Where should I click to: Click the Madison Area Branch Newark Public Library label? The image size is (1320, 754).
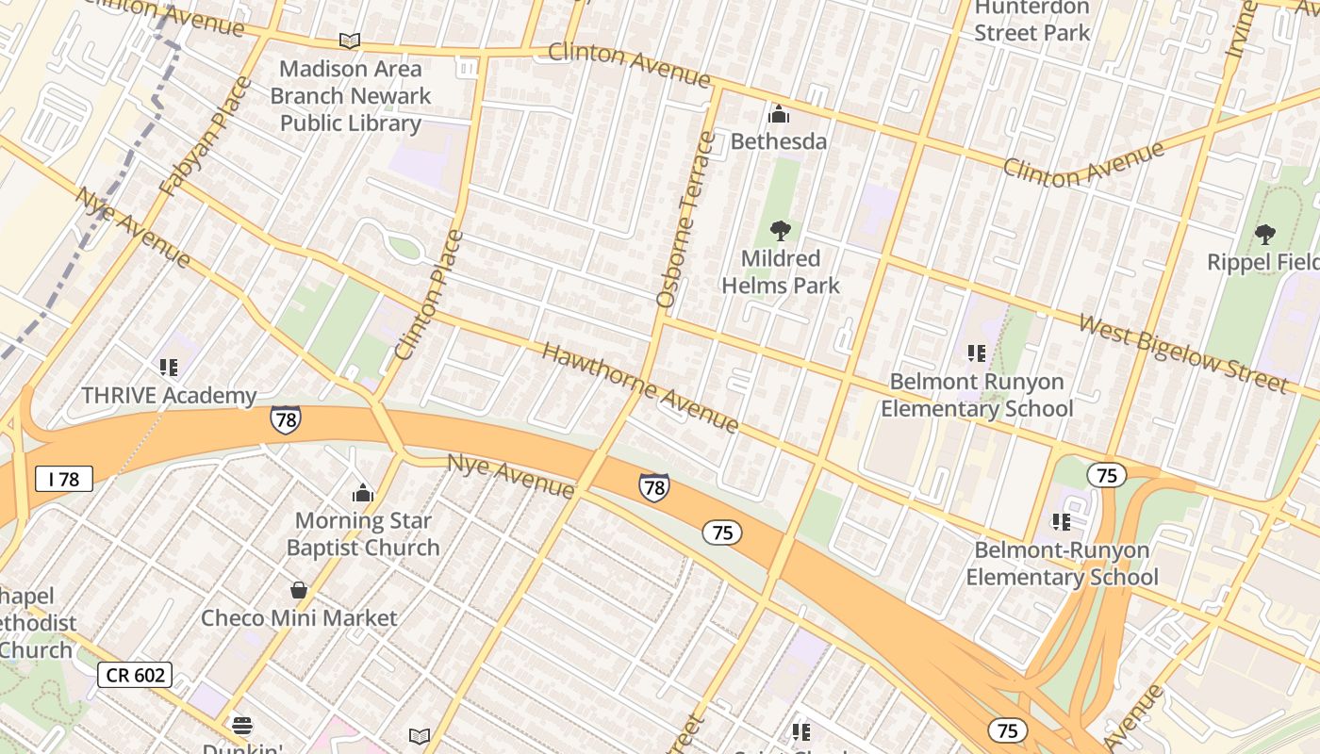pos(350,96)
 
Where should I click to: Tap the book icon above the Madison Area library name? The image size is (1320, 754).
pos(350,41)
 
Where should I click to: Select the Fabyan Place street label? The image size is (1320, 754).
pos(206,137)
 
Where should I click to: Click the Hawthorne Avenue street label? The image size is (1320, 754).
pos(640,387)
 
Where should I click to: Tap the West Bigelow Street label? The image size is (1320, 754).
pos(1182,354)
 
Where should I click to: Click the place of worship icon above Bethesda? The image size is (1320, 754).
pos(779,114)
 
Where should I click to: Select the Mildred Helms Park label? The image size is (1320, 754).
pos(780,271)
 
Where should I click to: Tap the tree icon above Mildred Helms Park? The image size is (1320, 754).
pos(780,231)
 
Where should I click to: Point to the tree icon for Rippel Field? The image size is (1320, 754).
pos(1264,235)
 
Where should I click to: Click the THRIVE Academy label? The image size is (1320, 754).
pos(169,396)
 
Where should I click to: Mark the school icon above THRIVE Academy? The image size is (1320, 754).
pos(169,368)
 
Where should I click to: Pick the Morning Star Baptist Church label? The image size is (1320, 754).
pos(363,533)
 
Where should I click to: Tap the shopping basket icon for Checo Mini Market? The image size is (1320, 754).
pos(299,590)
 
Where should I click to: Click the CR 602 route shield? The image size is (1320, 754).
pos(135,675)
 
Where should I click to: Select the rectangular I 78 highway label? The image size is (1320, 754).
pos(64,479)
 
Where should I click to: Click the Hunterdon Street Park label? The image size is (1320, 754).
pos(1031,21)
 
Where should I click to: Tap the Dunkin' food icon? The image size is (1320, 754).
pos(242,725)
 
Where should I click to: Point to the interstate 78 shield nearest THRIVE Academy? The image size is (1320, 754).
pos(285,419)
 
